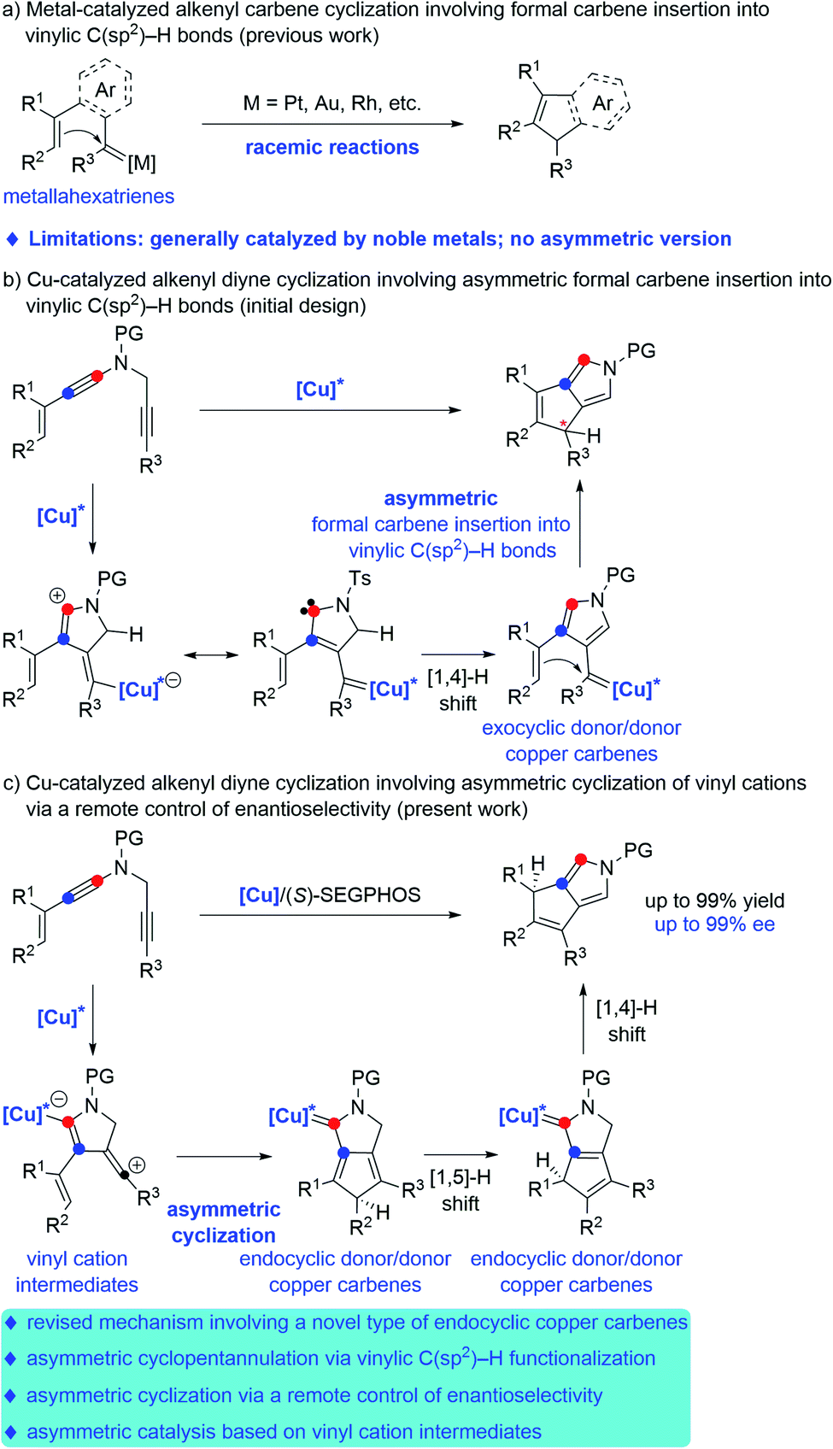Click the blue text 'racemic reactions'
[x=331, y=147]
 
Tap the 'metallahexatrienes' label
[x=89, y=197]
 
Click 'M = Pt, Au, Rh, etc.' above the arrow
[x=332, y=103]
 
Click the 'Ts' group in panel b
[x=360, y=578]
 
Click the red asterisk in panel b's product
[x=563, y=424]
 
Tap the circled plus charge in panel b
[x=57, y=595]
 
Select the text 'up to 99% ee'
[x=714, y=924]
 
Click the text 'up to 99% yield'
[x=714, y=900]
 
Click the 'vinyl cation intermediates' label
[x=77, y=1271]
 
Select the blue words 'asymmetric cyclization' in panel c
[x=223, y=1223]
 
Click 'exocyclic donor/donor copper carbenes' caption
[x=581, y=741]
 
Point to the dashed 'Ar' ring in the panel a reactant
[x=105, y=89]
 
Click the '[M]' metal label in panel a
[x=142, y=162]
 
